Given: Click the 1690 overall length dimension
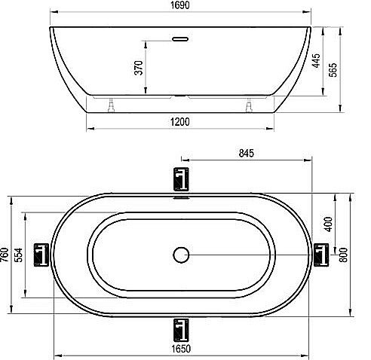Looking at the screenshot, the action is point(180,5).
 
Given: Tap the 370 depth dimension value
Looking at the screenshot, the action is point(139,68).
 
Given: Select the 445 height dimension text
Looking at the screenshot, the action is point(316,60).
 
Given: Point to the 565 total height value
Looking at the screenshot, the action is point(333,70).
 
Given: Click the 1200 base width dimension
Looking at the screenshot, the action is point(180,122).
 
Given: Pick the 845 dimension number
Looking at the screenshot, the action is point(247,153).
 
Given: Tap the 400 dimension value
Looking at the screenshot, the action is point(328,224).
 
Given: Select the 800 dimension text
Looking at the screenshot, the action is point(343,255).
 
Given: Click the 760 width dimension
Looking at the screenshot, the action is point(5,255).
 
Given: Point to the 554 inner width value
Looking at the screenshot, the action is point(18,255).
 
